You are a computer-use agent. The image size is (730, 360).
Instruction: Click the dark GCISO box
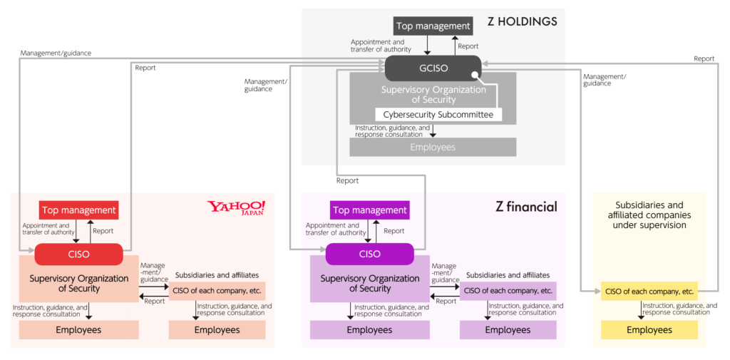pyautogui.click(x=433, y=68)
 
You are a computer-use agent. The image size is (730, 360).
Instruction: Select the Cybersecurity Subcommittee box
pyautogui.click(x=438, y=114)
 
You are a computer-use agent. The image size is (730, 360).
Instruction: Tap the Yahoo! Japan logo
pyautogui.click(x=237, y=208)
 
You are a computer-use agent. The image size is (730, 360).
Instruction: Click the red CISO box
pyautogui.click(x=78, y=254)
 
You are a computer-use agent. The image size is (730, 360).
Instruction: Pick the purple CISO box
pyautogui.click(x=370, y=254)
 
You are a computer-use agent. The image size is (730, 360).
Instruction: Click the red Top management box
pyautogui.click(x=78, y=210)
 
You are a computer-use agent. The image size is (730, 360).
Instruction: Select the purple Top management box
pyautogui.click(x=370, y=210)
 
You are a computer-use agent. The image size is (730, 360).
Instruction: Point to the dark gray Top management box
pyautogui.click(x=433, y=26)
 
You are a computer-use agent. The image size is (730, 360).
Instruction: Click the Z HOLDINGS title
pyautogui.click(x=523, y=21)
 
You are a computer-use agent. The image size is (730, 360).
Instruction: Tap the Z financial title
pyautogui.click(x=527, y=207)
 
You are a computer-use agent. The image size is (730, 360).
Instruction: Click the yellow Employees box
pyautogui.click(x=649, y=330)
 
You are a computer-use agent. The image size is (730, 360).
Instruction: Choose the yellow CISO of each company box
pyautogui.click(x=649, y=292)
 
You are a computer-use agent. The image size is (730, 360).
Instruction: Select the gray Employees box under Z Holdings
pyautogui.click(x=433, y=147)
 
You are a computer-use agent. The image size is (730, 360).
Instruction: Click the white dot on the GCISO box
pyautogui.click(x=473, y=75)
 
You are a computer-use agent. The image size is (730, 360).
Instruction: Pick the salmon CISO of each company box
pyautogui.click(x=217, y=292)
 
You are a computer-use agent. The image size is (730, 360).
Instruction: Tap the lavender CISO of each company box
pyautogui.click(x=508, y=292)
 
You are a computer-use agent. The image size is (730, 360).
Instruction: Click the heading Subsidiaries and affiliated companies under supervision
pyautogui.click(x=649, y=215)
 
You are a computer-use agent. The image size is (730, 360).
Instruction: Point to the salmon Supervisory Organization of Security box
pyautogui.click(x=78, y=283)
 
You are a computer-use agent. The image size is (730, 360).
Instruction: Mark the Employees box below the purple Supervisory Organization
pyautogui.click(x=370, y=330)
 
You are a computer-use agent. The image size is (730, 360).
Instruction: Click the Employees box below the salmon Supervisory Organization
pyautogui.click(x=78, y=330)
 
